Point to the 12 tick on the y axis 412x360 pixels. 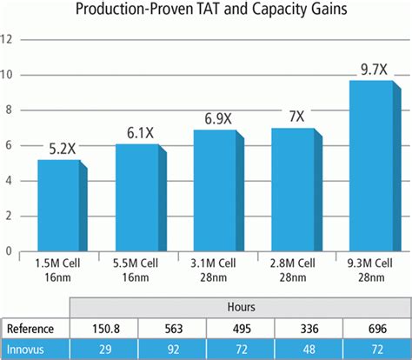point(8,39)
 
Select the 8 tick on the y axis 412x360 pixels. point(10,110)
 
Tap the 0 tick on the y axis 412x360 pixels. point(10,251)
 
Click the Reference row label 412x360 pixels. point(30,329)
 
